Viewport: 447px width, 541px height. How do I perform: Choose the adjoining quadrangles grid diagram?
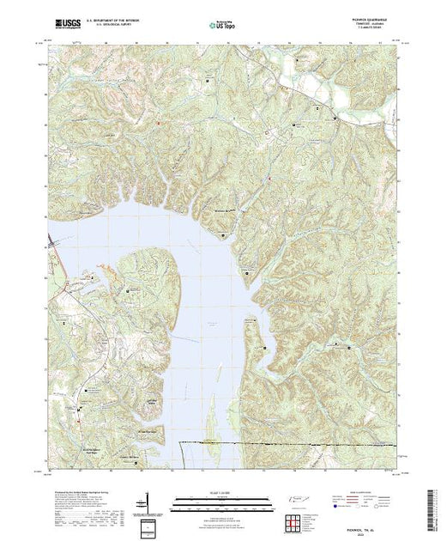click(x=297, y=520)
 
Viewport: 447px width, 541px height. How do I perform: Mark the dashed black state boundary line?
click(x=283, y=443)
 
